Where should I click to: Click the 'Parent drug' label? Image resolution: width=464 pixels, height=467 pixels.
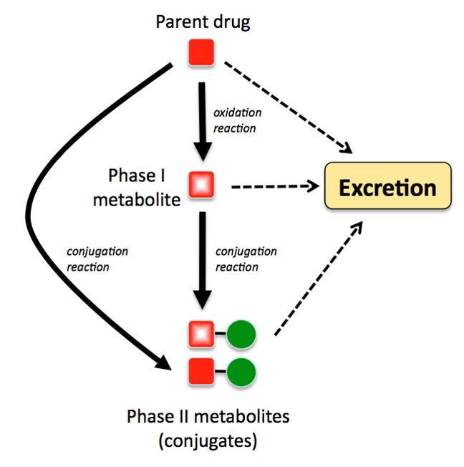point(203,22)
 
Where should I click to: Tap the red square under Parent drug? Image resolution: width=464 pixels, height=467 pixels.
point(202,54)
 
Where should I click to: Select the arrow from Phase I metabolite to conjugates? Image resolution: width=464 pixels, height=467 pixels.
point(203,258)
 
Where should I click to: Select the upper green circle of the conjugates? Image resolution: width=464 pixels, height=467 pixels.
point(242,334)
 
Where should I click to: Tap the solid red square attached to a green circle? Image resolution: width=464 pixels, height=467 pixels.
point(202,371)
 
